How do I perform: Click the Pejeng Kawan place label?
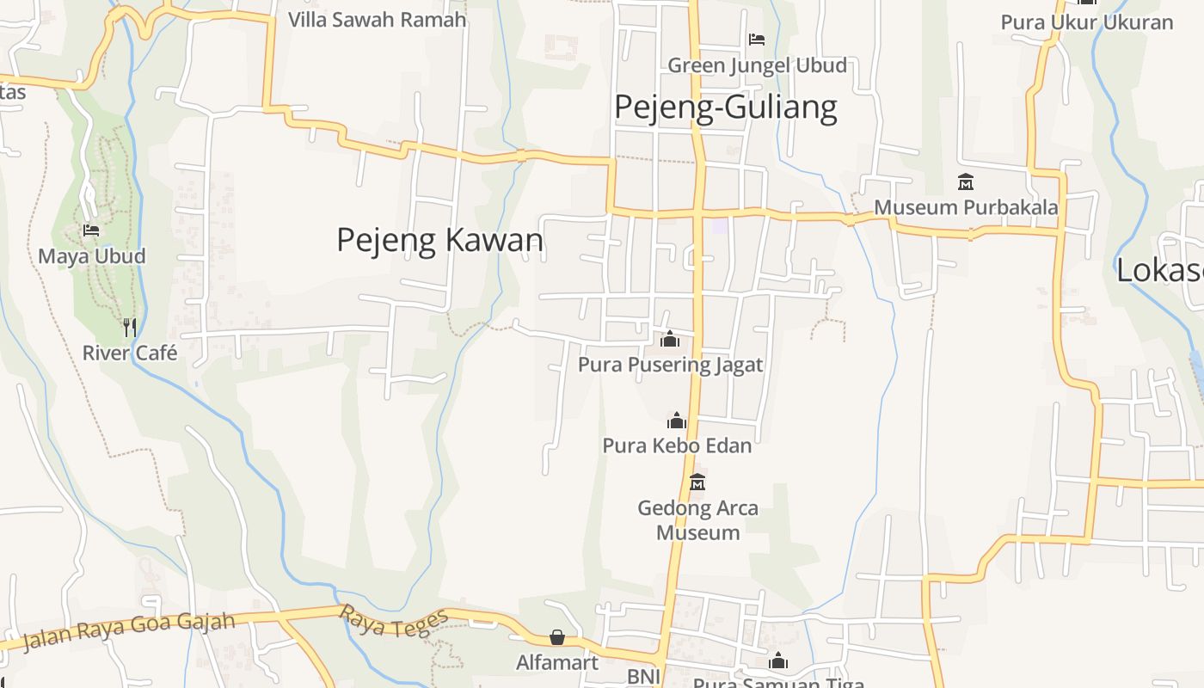pyautogui.click(x=439, y=240)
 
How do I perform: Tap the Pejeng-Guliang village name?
pyautogui.click(x=725, y=107)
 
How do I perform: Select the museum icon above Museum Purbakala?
pyautogui.click(x=966, y=182)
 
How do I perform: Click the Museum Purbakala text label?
pyautogui.click(x=966, y=207)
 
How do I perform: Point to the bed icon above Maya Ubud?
pyautogui.click(x=91, y=230)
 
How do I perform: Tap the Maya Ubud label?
pyautogui.click(x=92, y=256)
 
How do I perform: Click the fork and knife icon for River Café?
pyautogui.click(x=129, y=327)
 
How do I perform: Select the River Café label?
pyautogui.click(x=130, y=353)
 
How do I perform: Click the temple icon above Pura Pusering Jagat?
pyautogui.click(x=670, y=340)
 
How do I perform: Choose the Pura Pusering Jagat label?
pyautogui.click(x=670, y=365)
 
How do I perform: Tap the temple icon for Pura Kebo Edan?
pyautogui.click(x=677, y=421)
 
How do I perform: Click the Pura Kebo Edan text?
pyautogui.click(x=677, y=445)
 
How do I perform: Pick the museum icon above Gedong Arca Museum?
pyautogui.click(x=697, y=482)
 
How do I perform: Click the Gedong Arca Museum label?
pyautogui.click(x=697, y=520)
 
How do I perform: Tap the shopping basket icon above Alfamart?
pyautogui.click(x=557, y=637)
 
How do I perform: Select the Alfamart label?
pyautogui.click(x=557, y=662)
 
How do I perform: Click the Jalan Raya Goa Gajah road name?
pyautogui.click(x=129, y=630)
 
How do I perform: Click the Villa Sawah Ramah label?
pyautogui.click(x=377, y=19)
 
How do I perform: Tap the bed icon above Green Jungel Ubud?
pyautogui.click(x=757, y=40)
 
